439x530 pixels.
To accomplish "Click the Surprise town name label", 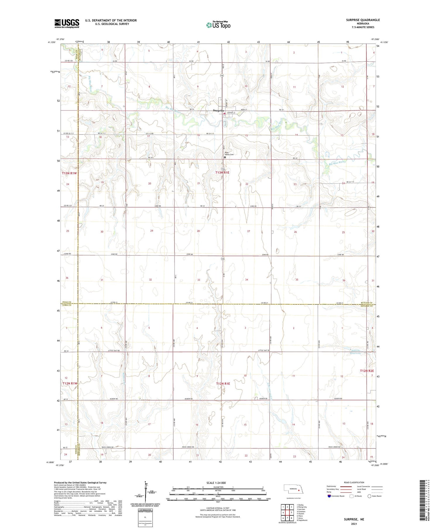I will (x=218, y=111).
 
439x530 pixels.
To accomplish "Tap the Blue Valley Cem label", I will (x=229, y=153).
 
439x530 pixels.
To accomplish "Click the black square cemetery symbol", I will (x=225, y=157).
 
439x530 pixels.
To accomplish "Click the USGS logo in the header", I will (x=67, y=23).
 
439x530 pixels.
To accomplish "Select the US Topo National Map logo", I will (x=218, y=25).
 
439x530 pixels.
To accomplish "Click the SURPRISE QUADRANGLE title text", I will (x=363, y=20).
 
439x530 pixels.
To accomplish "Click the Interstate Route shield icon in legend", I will (x=329, y=496).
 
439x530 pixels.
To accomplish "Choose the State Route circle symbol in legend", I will (x=369, y=496).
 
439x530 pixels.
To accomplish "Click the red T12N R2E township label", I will (x=367, y=371).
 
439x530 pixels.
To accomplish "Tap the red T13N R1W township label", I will (x=69, y=173).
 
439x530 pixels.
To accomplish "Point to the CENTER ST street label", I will (x=231, y=113).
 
